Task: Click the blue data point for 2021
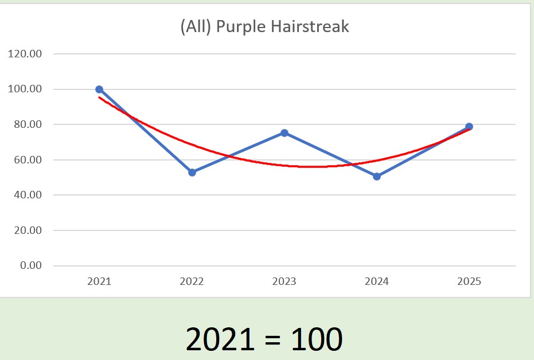tap(99, 89)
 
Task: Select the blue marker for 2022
tap(192, 173)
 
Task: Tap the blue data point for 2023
tap(284, 133)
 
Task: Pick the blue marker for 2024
tap(377, 177)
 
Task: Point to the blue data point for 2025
tap(469, 127)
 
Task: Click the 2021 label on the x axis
tap(99, 281)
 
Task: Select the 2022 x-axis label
tap(192, 281)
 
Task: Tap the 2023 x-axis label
tap(284, 281)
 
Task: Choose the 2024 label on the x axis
tap(377, 281)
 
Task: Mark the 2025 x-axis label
tap(469, 281)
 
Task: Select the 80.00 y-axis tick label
tap(28, 124)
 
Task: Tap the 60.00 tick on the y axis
tap(28, 160)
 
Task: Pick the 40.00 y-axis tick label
tap(28, 195)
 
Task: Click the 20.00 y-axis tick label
tap(28, 230)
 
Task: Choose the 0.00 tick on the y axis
tap(30, 265)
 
